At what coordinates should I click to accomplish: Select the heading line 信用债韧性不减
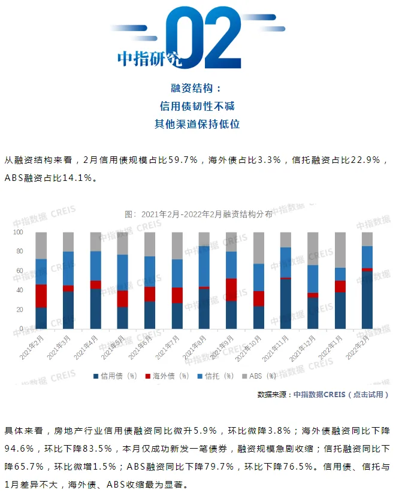(x=197, y=106)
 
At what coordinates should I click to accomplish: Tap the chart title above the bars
(x=198, y=214)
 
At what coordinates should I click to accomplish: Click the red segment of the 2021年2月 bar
(x=41, y=296)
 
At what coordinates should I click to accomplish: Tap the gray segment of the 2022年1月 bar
(x=340, y=250)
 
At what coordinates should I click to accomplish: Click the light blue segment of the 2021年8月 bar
(x=204, y=266)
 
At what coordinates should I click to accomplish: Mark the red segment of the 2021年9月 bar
(x=231, y=290)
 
